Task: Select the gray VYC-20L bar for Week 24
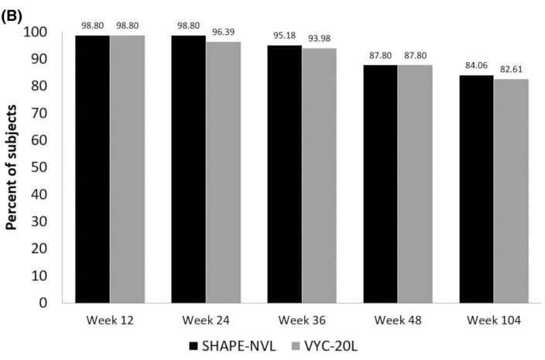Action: tap(223, 172)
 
